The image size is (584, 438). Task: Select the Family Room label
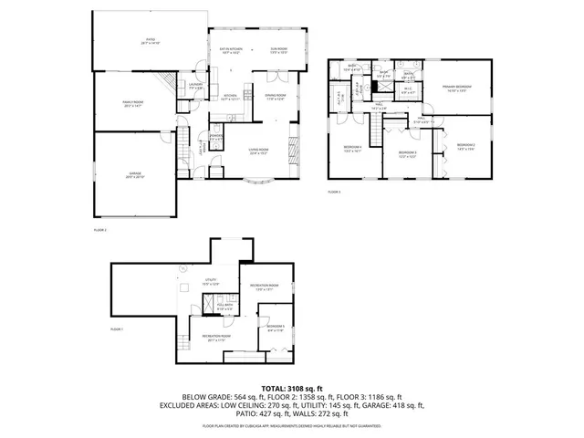coord(135,104)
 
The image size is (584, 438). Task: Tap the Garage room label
coord(135,175)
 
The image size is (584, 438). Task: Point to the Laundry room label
coord(195,86)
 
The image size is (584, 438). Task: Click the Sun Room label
coord(278,51)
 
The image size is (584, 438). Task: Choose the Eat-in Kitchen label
coord(230,51)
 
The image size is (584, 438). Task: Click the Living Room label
coord(258,151)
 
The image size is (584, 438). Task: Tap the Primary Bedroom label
coord(458,89)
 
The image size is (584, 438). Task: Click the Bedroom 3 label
coord(407,154)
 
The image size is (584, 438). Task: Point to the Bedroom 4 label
coord(353,149)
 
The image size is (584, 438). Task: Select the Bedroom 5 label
coord(276,328)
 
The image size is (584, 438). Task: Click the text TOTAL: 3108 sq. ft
coord(292,389)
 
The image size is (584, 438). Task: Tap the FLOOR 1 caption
coord(117,328)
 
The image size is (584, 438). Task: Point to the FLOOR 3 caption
coord(334,192)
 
